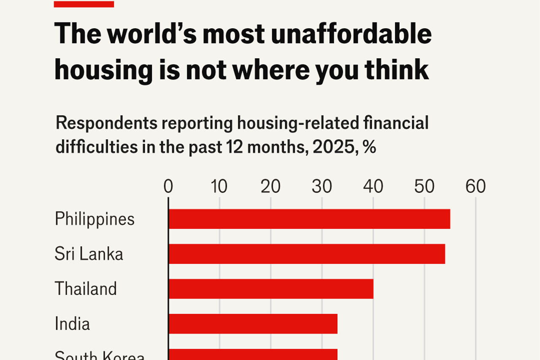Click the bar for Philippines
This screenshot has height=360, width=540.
pos(309,219)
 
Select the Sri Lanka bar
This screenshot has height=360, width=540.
pos(307,254)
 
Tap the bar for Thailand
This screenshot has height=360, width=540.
pos(271,289)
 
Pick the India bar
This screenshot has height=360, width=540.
pos(253,324)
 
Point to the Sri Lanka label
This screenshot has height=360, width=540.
pos(89,254)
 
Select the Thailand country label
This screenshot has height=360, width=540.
pos(86,289)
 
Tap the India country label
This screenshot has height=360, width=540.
pos(72,324)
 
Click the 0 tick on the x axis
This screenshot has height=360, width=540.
pos(168,187)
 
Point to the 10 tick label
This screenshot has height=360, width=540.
pos(219,187)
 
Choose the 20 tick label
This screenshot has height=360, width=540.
pos(270,187)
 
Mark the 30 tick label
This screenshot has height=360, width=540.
pos(322,187)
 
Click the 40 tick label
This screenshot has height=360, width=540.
pos(373,187)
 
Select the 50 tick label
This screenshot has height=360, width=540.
pos(424,187)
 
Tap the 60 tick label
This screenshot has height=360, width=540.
pos(475,187)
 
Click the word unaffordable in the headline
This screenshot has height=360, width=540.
pos(351,34)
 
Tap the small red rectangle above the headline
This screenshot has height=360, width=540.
pos(84,4)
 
